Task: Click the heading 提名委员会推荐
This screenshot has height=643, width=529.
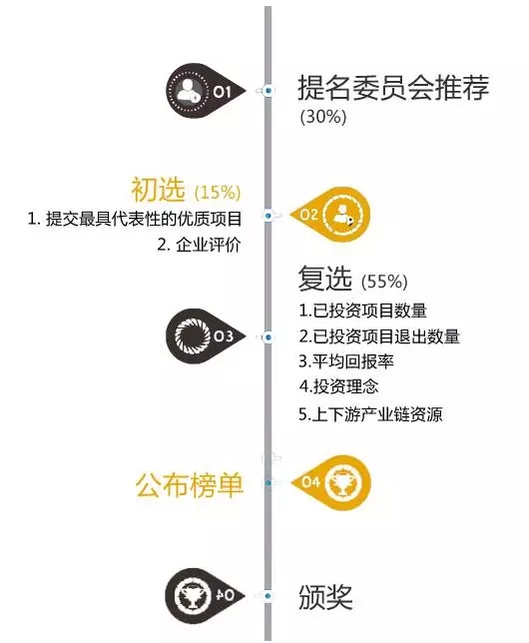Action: [x=393, y=87]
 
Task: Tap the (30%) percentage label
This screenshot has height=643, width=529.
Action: [x=323, y=117]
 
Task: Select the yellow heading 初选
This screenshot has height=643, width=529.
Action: [x=158, y=190]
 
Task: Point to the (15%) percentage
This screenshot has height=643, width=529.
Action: [x=218, y=192]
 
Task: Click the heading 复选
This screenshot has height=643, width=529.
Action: [x=324, y=278]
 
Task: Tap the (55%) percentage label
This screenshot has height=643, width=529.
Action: [x=384, y=282]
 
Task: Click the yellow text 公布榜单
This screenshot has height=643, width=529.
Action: [x=190, y=484]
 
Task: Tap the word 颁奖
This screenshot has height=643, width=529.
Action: [x=325, y=597]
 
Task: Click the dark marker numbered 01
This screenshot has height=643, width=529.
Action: [x=206, y=91]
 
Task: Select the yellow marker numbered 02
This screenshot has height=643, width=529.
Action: [x=330, y=215]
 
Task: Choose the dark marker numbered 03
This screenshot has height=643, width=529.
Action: [x=206, y=336]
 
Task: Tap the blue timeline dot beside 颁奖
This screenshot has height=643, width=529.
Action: [x=267, y=596]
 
